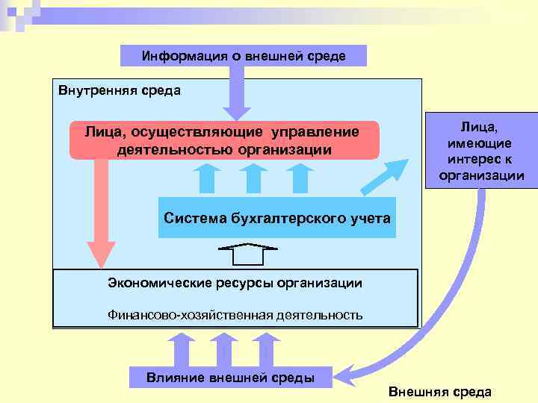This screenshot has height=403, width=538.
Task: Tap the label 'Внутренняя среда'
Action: click(x=120, y=91)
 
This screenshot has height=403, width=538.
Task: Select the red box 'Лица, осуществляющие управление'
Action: click(x=224, y=140)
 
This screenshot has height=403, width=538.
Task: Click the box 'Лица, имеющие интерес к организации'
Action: click(x=480, y=150)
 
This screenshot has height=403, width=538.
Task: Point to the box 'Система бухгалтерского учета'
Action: click(x=276, y=218)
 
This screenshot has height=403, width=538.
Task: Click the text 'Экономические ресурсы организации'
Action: click(x=235, y=283)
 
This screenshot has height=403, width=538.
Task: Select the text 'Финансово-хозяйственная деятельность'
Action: click(x=235, y=314)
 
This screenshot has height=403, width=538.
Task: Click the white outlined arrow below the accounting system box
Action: click(x=243, y=254)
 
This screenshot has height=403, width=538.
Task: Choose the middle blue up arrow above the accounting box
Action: click(x=253, y=178)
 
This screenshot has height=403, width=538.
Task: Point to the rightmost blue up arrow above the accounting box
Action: click(x=300, y=178)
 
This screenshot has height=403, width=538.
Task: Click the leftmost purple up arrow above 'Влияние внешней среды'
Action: click(x=180, y=349)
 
